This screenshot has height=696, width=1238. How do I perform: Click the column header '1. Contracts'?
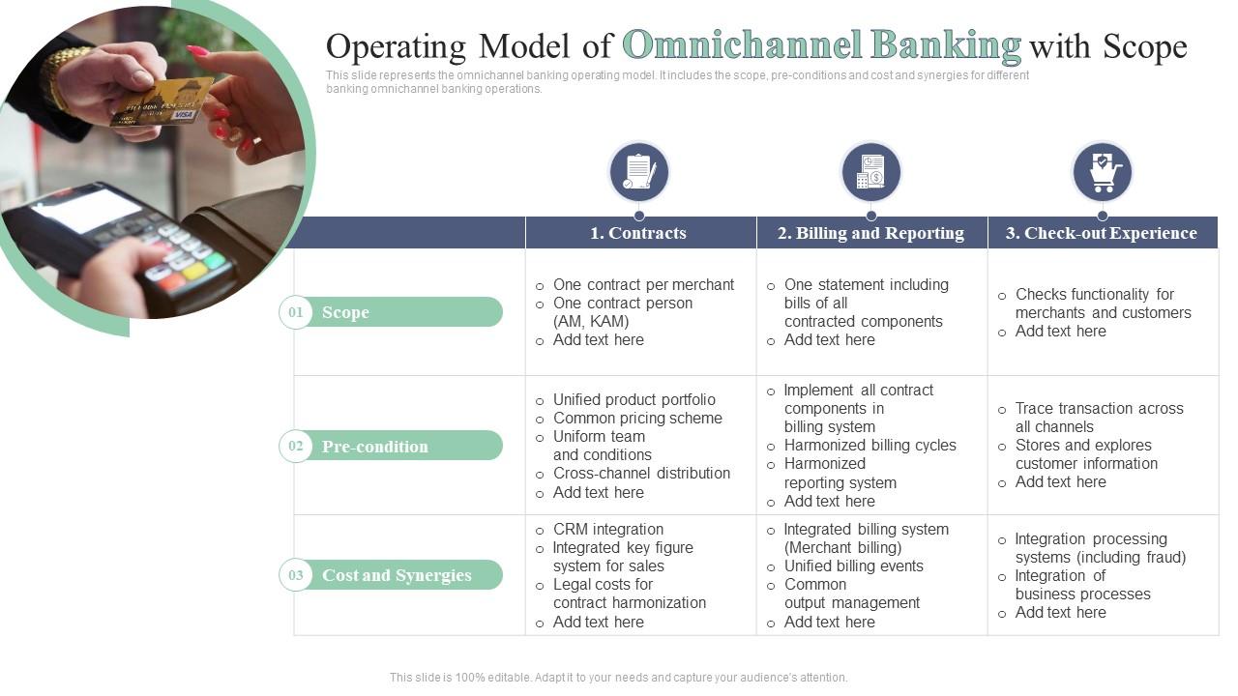pyautogui.click(x=638, y=233)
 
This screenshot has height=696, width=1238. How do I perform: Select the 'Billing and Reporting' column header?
pyautogui.click(x=870, y=233)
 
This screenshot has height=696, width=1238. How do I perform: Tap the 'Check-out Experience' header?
pyautogui.click(x=1102, y=233)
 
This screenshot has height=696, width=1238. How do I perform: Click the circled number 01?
pyautogui.click(x=295, y=312)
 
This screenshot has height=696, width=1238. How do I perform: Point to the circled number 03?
pyautogui.click(x=295, y=575)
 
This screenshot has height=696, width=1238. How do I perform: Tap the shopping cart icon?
pyautogui.click(x=1103, y=172)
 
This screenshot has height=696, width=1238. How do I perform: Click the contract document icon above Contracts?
pyautogui.click(x=638, y=172)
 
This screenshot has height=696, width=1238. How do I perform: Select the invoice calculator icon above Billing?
pyautogui.click(x=870, y=172)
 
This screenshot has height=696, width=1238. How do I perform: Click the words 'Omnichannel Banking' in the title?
pyautogui.click(x=821, y=45)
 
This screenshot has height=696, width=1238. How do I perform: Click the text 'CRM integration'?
pyautogui.click(x=608, y=529)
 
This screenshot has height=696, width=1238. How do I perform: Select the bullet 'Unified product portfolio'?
pyautogui.click(x=634, y=399)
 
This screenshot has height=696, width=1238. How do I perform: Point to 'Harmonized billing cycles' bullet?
pyautogui.click(x=870, y=445)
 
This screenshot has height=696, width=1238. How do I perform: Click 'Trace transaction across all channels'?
pyautogui.click(x=1099, y=417)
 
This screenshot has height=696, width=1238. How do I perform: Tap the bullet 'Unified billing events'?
pyautogui.click(x=853, y=565)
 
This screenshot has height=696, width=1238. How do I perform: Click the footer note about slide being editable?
pyautogui.click(x=618, y=678)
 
